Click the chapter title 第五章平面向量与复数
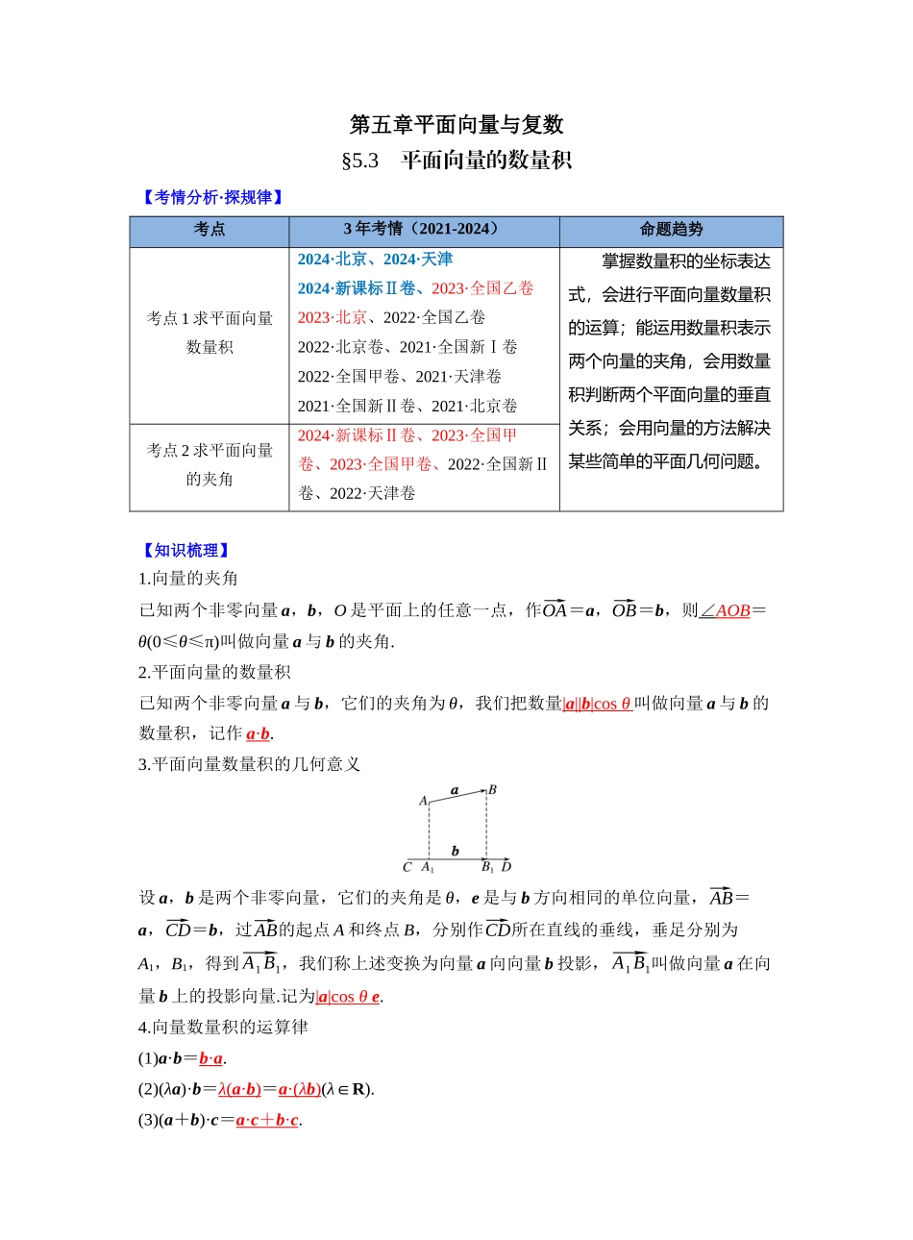click(x=456, y=125)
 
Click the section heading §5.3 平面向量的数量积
click(x=456, y=161)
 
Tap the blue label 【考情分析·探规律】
click(x=212, y=197)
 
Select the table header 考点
click(x=210, y=230)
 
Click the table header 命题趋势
click(x=671, y=230)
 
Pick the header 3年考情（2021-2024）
click(x=424, y=230)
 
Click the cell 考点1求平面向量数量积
click(x=210, y=333)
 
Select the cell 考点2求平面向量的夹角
click(x=210, y=464)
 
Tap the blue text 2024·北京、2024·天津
click(x=375, y=260)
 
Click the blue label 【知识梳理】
click(x=185, y=550)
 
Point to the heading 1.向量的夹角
click(x=188, y=579)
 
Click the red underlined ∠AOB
click(x=725, y=611)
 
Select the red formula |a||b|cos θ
click(x=597, y=704)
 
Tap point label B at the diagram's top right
click(x=493, y=790)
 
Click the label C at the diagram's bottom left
click(x=407, y=867)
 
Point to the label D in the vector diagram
click(x=506, y=867)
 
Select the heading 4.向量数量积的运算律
click(x=223, y=1028)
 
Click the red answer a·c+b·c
click(x=267, y=1120)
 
